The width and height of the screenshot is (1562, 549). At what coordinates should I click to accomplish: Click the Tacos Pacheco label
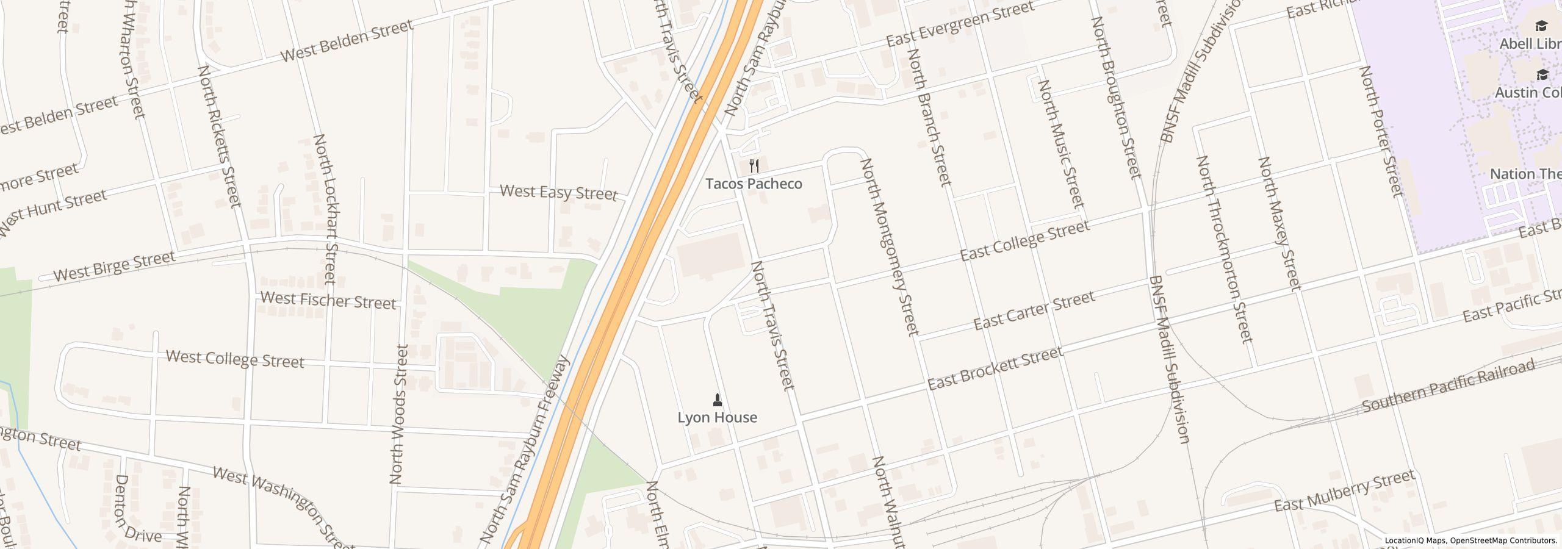754,184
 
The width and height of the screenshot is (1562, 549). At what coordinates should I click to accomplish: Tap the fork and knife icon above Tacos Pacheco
754,165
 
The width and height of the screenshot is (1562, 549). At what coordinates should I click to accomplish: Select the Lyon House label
717,417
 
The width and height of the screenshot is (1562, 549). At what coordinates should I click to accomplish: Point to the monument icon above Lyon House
717,400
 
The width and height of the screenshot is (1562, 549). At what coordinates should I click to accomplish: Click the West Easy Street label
558,193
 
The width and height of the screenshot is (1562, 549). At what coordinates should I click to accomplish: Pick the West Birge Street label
114,267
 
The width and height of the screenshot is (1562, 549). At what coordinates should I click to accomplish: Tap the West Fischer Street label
328,300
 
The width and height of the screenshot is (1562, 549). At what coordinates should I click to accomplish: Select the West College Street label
235,359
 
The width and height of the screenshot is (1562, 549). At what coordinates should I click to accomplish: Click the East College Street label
1024,241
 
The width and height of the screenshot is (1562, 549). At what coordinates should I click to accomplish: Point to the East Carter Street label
1034,310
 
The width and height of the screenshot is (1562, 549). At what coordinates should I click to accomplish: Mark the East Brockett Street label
995,368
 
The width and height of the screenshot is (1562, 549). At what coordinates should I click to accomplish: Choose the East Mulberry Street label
1344,491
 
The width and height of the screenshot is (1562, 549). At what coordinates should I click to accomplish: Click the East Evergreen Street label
960,24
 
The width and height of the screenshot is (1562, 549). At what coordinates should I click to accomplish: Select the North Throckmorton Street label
1224,249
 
